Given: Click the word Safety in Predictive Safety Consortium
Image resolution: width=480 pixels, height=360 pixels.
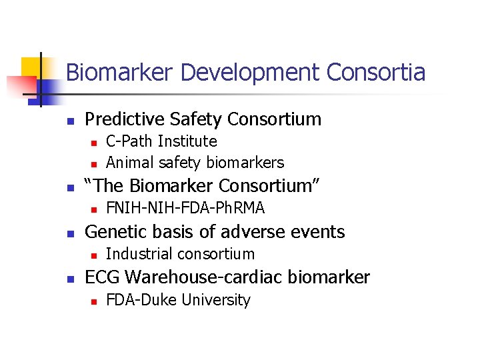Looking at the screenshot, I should click(x=195, y=119).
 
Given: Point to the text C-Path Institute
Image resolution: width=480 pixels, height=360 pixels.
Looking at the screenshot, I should click(x=161, y=141).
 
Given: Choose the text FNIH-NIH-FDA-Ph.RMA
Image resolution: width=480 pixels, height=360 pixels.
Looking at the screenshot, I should click(x=185, y=208).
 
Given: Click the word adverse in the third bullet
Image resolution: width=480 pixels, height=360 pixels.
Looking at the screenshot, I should click(x=242, y=231).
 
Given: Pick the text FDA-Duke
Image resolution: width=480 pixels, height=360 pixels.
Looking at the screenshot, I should click(x=141, y=300).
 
